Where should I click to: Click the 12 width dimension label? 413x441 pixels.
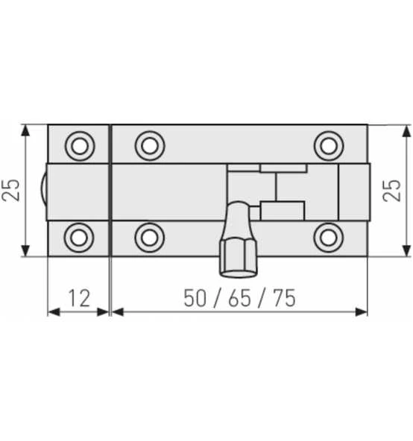(79, 298)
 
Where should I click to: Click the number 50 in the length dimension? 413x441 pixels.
(195, 298)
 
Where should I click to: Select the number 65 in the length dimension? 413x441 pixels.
(239, 298)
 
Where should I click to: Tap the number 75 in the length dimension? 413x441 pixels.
(285, 298)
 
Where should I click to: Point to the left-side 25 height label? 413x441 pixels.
(10, 190)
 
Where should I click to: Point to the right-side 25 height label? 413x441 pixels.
(391, 191)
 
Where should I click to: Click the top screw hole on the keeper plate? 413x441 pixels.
(80, 146)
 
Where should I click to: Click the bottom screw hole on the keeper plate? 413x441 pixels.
(79, 238)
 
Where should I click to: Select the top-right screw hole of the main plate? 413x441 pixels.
(329, 146)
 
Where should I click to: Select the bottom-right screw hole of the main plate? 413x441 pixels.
(328, 238)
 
